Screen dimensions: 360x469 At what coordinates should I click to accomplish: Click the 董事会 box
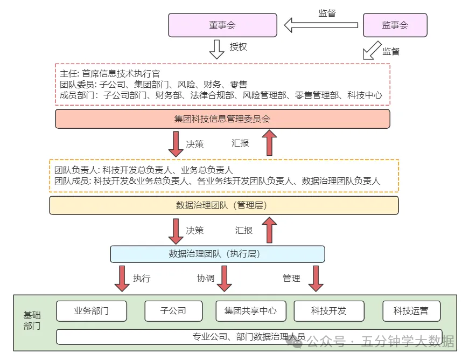[x=222, y=25]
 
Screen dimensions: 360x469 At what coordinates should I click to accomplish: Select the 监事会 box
[x=395, y=25]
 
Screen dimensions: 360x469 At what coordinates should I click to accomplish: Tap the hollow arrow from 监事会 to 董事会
[x=321, y=25]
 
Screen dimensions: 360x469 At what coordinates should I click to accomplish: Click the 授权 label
[x=238, y=47]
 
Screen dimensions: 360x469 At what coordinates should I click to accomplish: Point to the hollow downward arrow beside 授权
[x=216, y=48]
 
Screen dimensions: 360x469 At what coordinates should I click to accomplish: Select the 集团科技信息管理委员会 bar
[x=222, y=119]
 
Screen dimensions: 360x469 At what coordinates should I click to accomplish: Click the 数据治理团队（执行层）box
[x=218, y=254]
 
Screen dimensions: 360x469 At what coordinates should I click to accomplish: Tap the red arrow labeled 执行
[x=122, y=278]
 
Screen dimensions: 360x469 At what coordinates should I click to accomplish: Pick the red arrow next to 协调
[x=224, y=278]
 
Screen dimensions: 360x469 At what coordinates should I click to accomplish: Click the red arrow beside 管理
[x=316, y=278]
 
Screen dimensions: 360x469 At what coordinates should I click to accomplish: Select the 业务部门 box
[x=92, y=311]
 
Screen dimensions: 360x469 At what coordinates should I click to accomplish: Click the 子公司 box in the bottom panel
[x=173, y=311]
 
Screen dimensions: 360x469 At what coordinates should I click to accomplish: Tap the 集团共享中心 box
[x=250, y=311]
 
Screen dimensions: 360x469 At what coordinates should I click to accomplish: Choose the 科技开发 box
[x=328, y=311]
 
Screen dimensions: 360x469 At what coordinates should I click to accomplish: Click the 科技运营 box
[x=411, y=311]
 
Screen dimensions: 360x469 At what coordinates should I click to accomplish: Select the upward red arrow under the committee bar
[x=269, y=143]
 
